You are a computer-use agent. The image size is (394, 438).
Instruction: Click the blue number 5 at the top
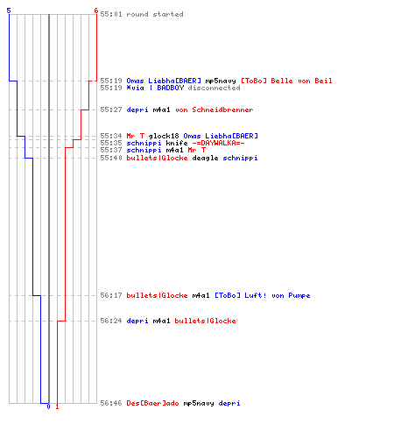[x=9, y=11]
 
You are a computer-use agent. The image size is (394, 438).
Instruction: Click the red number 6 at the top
[x=96, y=11]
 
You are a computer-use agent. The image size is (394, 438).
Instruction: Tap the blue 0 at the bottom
[x=48, y=406]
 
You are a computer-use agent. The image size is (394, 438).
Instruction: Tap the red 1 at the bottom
[x=57, y=406]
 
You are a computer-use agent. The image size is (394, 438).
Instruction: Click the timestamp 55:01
[x=111, y=14]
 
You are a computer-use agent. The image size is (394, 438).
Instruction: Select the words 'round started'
[x=155, y=14]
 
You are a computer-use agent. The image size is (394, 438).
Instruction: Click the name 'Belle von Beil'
[x=301, y=81]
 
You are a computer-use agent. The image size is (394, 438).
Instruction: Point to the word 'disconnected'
[x=214, y=88]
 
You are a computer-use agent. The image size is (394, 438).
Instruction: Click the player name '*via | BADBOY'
[x=155, y=88]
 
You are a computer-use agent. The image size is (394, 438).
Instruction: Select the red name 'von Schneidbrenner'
[x=215, y=109]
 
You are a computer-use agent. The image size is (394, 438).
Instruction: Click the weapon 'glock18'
[x=164, y=136]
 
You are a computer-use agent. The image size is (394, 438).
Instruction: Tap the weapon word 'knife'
[x=177, y=143]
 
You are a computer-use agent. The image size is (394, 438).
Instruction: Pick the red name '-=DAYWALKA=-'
[x=218, y=143]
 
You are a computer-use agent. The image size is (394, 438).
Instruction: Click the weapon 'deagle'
[x=205, y=158]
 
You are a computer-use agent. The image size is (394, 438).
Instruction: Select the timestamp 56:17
[x=111, y=295]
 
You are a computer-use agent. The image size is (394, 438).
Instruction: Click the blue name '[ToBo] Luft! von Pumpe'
[x=263, y=295]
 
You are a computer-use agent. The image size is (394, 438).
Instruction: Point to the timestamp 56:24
[x=111, y=321]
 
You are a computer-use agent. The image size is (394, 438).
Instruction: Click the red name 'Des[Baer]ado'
[x=152, y=403]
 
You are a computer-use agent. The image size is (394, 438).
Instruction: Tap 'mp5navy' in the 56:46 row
[x=199, y=403]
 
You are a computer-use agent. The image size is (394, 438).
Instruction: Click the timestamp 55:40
[x=111, y=158]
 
